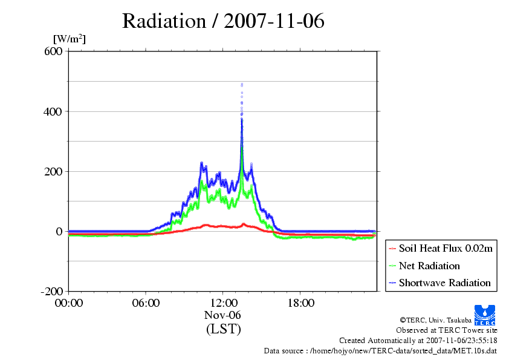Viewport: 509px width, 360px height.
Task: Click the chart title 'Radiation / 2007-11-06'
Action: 223,21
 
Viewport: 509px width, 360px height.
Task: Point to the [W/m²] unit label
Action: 70,39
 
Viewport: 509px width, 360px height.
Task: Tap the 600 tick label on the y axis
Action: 53,51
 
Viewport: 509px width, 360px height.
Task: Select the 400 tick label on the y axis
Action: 53,112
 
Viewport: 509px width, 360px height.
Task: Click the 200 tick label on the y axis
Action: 53,172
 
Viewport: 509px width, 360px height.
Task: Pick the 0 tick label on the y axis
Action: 59,231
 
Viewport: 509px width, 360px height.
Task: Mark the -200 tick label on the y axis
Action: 51,291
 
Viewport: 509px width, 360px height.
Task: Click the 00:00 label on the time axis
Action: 69,303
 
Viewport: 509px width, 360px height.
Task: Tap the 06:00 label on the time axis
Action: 146,303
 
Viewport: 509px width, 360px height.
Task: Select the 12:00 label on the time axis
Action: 223,303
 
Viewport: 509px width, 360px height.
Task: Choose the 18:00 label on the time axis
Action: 300,303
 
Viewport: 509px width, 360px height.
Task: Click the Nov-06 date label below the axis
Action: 222,315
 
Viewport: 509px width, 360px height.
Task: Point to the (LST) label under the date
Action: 223,329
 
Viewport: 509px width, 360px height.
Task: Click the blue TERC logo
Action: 485,315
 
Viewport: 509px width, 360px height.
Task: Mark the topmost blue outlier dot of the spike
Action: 242,84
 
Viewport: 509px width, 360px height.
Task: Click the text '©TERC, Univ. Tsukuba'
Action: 436,320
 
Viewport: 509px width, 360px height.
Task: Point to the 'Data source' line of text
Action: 380,351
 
